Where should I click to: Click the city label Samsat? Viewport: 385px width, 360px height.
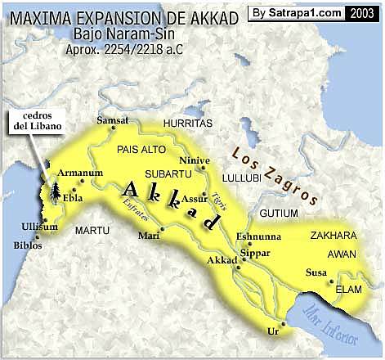tap(113, 119)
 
